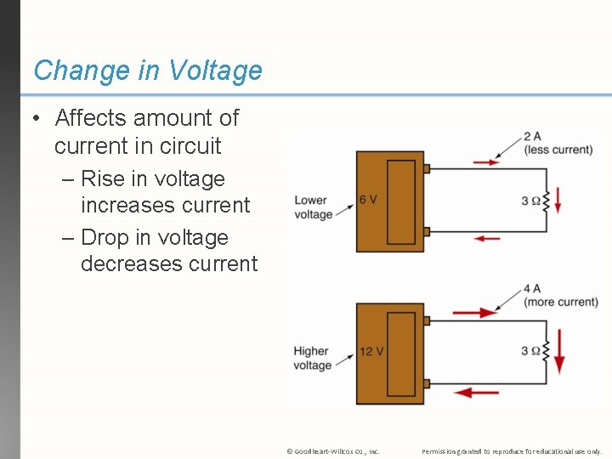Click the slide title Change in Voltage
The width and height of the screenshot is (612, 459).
(x=148, y=70)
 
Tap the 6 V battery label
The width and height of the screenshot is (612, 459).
(x=368, y=199)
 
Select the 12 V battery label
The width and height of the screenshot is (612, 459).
(x=371, y=351)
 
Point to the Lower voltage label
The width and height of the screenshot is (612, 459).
(x=314, y=207)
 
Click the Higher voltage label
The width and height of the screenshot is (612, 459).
(x=313, y=358)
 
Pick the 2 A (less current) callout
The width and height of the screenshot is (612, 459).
(x=558, y=143)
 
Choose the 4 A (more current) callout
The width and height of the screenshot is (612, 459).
(x=560, y=295)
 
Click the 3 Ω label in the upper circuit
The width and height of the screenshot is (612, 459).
(x=530, y=201)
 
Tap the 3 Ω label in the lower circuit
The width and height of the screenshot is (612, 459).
(x=530, y=351)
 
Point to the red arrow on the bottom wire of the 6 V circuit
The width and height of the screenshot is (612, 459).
(x=487, y=239)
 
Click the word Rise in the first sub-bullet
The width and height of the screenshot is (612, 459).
(x=103, y=179)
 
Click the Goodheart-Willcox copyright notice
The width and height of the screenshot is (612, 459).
(x=333, y=451)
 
